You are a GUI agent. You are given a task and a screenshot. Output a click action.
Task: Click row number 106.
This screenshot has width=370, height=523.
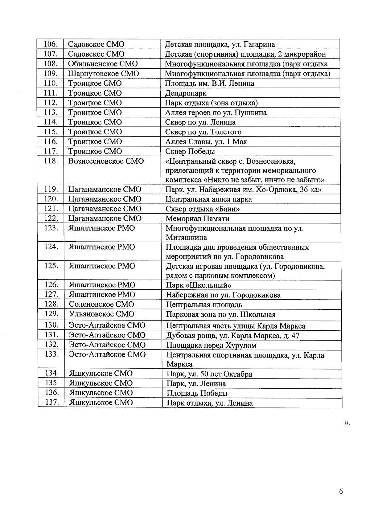[x=51, y=44]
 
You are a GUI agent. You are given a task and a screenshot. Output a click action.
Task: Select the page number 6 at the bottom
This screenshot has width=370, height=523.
[x=341, y=491]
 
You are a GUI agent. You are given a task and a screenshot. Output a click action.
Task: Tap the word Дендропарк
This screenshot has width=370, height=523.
[x=186, y=93]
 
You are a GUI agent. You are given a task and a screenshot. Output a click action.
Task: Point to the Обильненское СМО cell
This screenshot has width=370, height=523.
[x=103, y=64]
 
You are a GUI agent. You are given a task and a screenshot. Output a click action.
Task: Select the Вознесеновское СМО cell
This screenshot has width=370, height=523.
[x=106, y=161]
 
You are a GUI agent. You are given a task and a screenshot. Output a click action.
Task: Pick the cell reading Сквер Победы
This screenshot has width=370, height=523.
[x=190, y=151]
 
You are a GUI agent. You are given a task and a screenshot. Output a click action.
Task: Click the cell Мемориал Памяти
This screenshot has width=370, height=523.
[x=197, y=219]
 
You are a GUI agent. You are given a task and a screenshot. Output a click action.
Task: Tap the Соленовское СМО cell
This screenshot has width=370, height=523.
[x=101, y=304]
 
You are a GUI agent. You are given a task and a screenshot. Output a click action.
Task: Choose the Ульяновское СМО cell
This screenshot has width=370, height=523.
[x=101, y=314]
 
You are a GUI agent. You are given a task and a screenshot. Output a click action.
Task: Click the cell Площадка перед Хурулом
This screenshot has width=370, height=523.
[x=211, y=345]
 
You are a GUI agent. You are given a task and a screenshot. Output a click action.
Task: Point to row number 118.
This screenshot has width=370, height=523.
[x=51, y=161]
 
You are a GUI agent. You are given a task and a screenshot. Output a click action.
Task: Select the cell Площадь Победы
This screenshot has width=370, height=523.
[x=197, y=393]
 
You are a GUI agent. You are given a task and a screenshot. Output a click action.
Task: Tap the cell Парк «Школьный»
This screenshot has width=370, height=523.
[x=199, y=285]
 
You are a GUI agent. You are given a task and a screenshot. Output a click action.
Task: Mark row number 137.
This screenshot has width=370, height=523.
[x=51, y=402]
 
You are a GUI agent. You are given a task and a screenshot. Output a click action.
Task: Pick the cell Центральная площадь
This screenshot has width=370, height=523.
[x=204, y=305]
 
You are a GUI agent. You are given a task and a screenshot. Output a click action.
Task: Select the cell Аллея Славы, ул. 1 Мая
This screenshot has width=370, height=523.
[x=206, y=142]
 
